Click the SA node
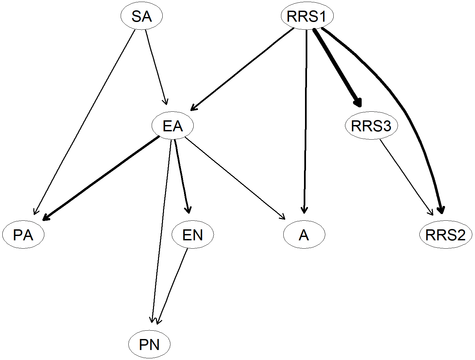[142, 16]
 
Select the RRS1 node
[307, 16]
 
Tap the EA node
[173, 126]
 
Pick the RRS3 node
[371, 126]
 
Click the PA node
[23, 235]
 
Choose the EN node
[193, 235]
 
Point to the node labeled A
[304, 235]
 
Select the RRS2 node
[446, 235]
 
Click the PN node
[149, 344]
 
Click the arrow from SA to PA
[84, 122]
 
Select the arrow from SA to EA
[156, 67]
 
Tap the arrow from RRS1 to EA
[242, 69]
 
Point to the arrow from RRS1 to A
[305, 121]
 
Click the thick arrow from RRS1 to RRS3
[337, 67]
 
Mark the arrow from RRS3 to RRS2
[406, 177]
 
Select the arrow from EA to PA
[101, 178]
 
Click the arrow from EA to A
[235, 178]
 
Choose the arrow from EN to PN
[172, 286]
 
